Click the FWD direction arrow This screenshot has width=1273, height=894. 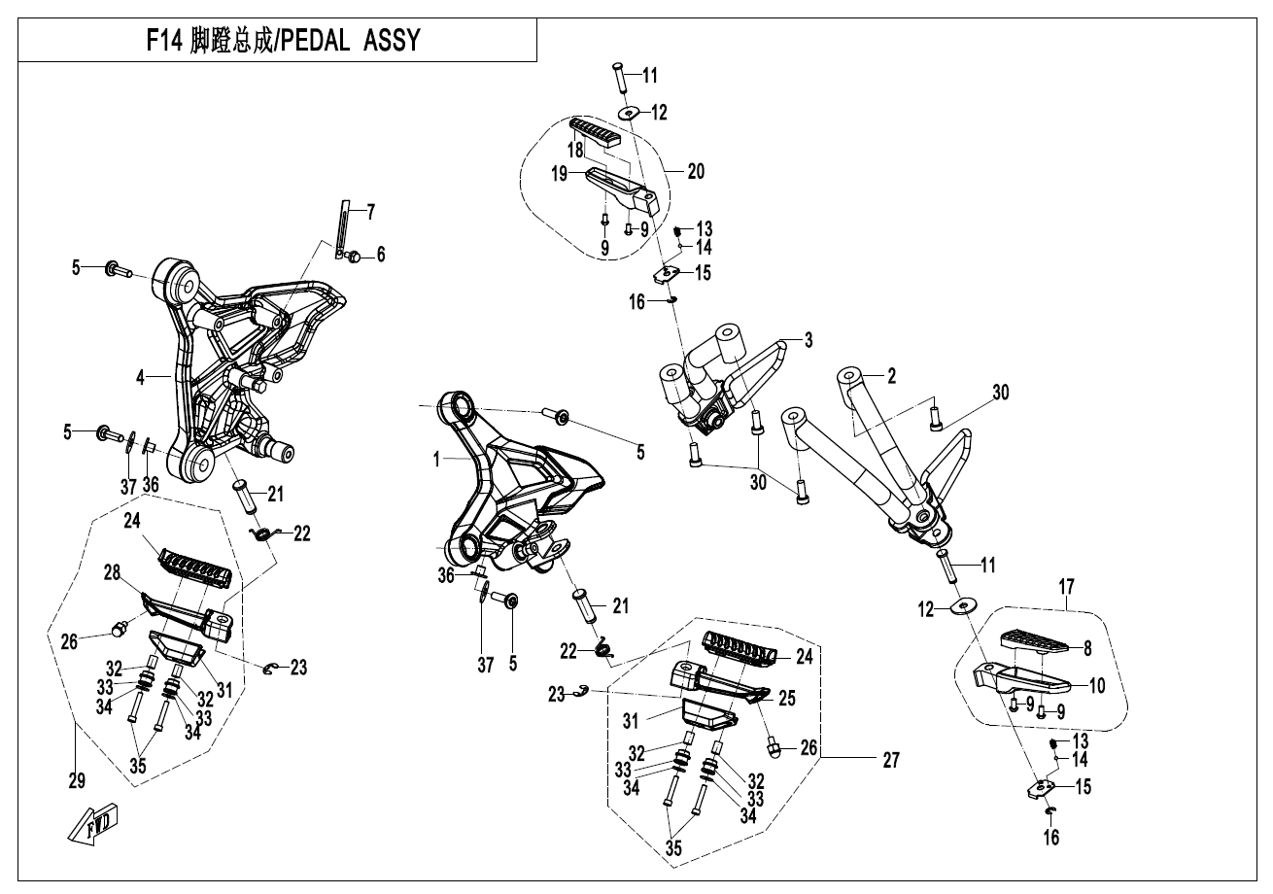tap(93, 823)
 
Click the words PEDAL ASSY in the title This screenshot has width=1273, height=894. tap(351, 41)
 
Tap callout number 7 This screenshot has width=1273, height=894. tap(370, 213)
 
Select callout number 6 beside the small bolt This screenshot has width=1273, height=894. tap(381, 255)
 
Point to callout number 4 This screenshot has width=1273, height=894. tap(140, 377)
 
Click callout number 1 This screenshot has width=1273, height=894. tap(436, 460)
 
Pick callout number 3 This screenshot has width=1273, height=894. tap(809, 340)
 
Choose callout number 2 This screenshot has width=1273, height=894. tap(891, 376)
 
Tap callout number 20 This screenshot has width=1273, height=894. tap(696, 171)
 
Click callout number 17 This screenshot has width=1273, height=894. tap(1067, 587)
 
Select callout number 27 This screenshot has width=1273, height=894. tap(891, 760)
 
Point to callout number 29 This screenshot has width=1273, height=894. tap(77, 780)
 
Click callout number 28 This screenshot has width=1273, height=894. tap(112, 572)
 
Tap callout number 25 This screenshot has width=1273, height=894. tap(786, 698)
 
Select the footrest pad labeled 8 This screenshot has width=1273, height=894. tap(1034, 640)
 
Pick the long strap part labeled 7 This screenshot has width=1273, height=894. tap(345, 229)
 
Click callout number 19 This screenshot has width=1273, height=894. tap(559, 173)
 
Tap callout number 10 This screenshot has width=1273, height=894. tap(1097, 685)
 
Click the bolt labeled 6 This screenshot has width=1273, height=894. tap(354, 257)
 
